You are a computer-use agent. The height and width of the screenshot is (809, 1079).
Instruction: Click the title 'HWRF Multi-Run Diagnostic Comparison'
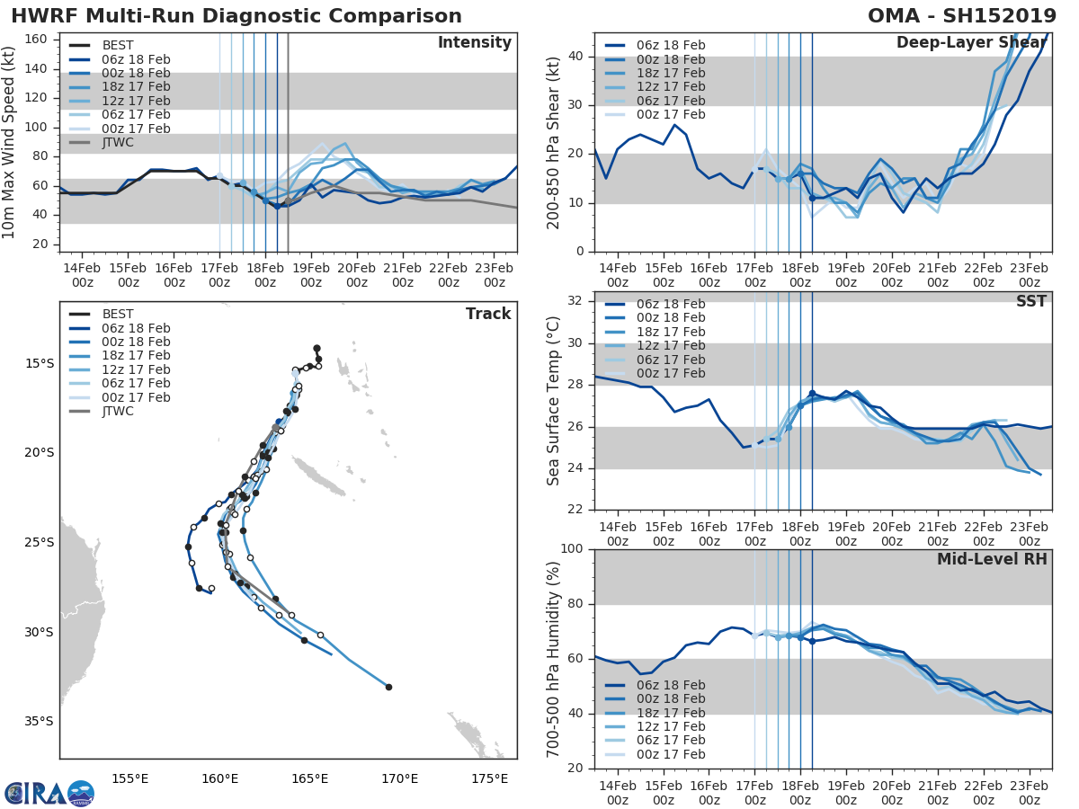236,16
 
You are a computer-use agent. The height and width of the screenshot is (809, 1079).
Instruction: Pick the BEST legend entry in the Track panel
118,315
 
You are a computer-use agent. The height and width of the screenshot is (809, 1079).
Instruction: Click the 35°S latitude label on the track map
39,721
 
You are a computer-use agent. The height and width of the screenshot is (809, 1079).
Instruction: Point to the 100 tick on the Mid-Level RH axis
570,549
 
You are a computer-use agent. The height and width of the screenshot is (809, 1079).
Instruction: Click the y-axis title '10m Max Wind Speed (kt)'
11,142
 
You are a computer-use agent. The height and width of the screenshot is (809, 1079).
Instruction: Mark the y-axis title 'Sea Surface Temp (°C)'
554,401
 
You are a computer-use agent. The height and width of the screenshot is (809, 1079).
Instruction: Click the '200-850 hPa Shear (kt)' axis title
554,142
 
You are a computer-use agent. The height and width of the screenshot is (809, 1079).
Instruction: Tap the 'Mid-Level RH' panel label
992,560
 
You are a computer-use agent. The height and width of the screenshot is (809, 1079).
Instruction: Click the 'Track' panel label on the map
488,314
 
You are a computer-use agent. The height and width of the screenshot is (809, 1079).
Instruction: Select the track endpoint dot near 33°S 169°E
388,687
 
